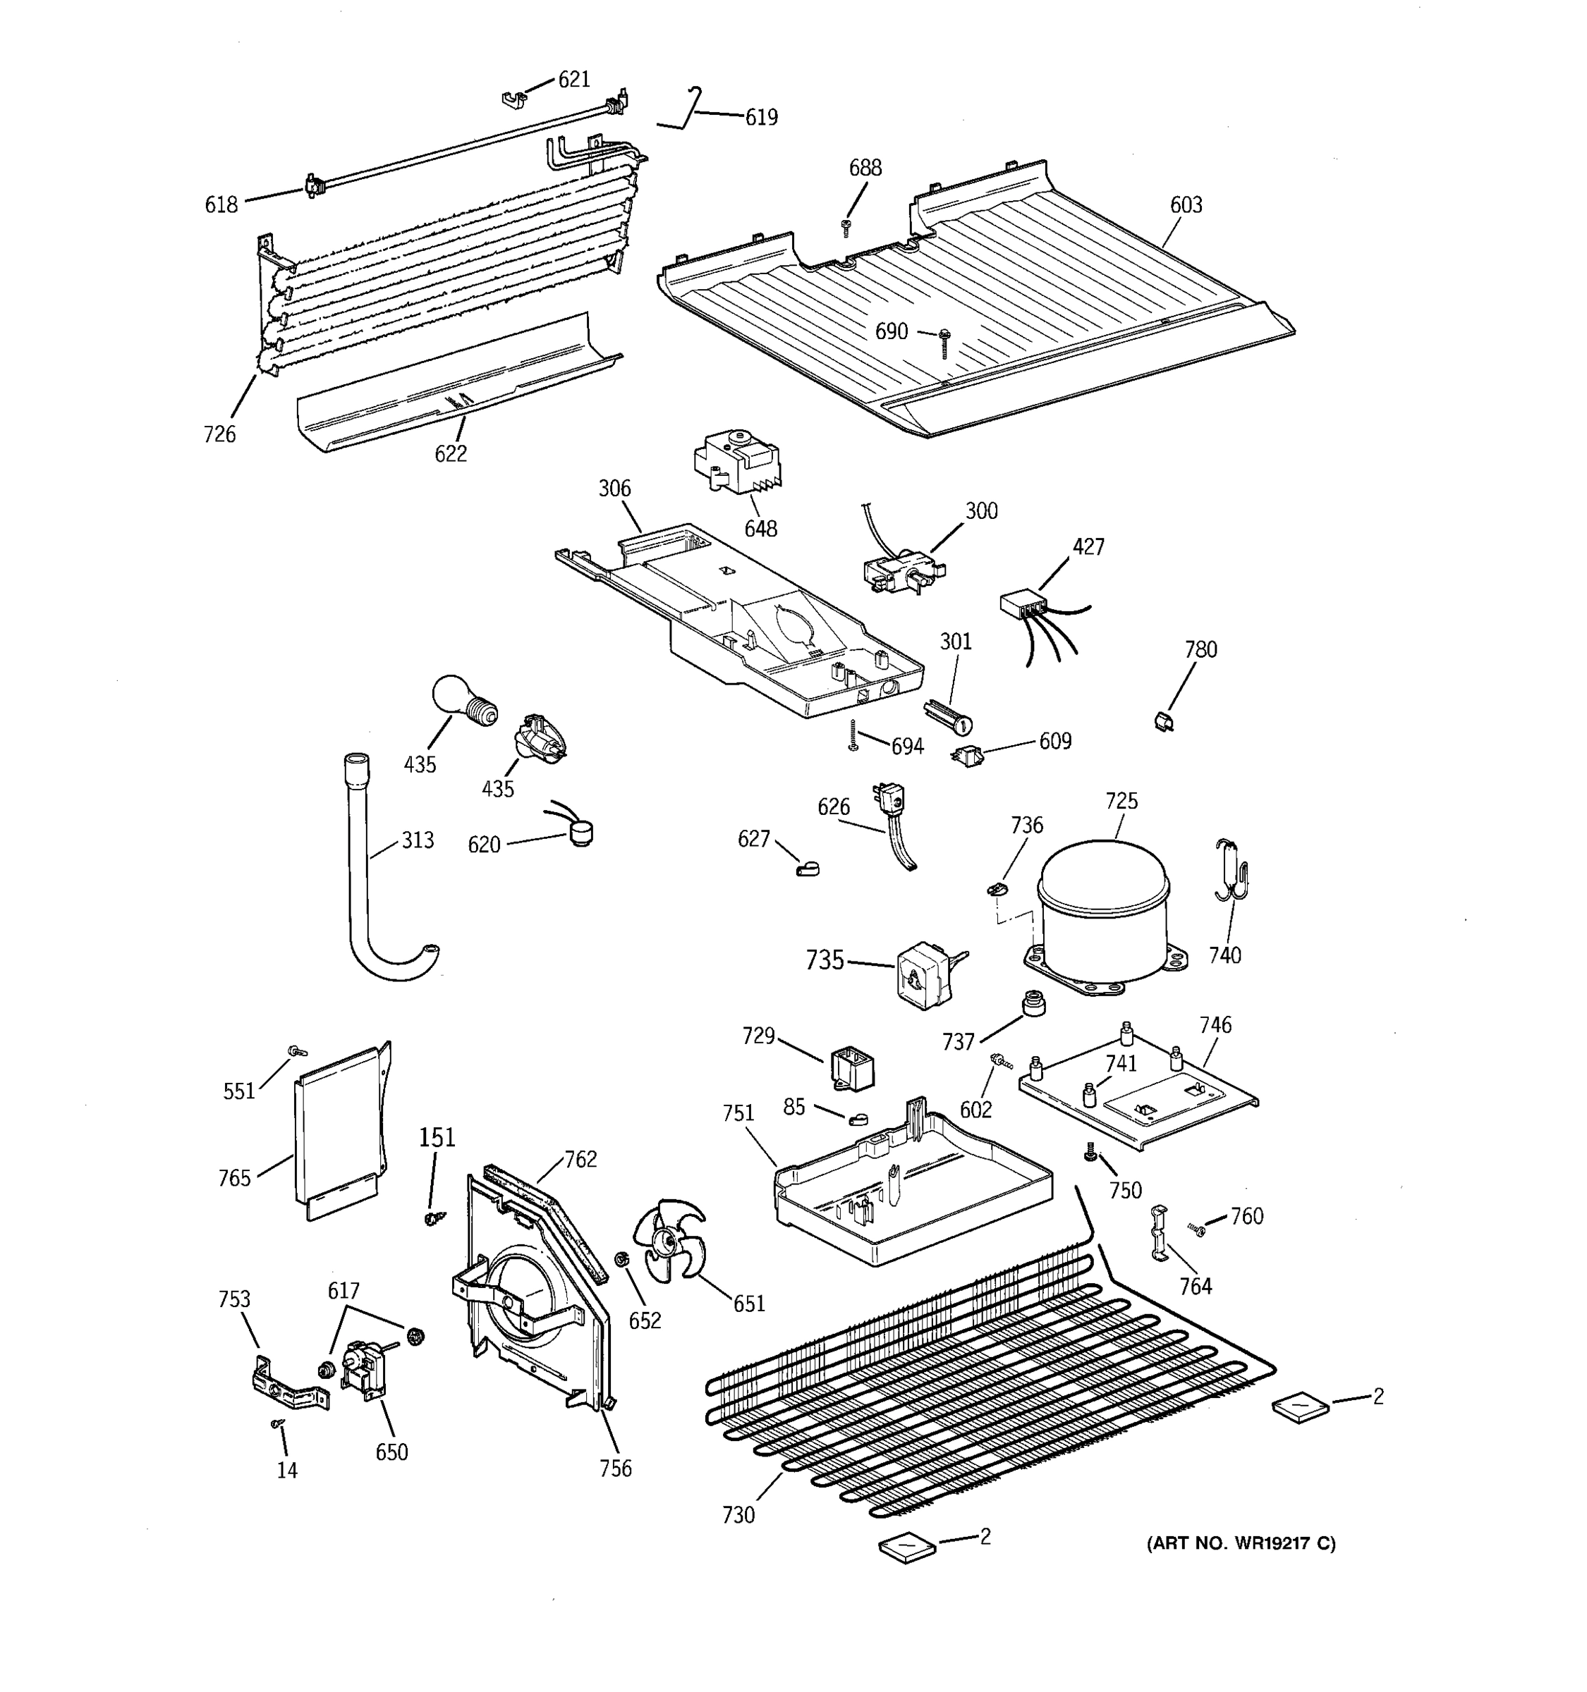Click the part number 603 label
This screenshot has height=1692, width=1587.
click(x=1185, y=205)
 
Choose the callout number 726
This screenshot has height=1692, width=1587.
click(x=219, y=434)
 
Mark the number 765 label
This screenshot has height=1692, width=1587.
click(x=234, y=1178)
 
